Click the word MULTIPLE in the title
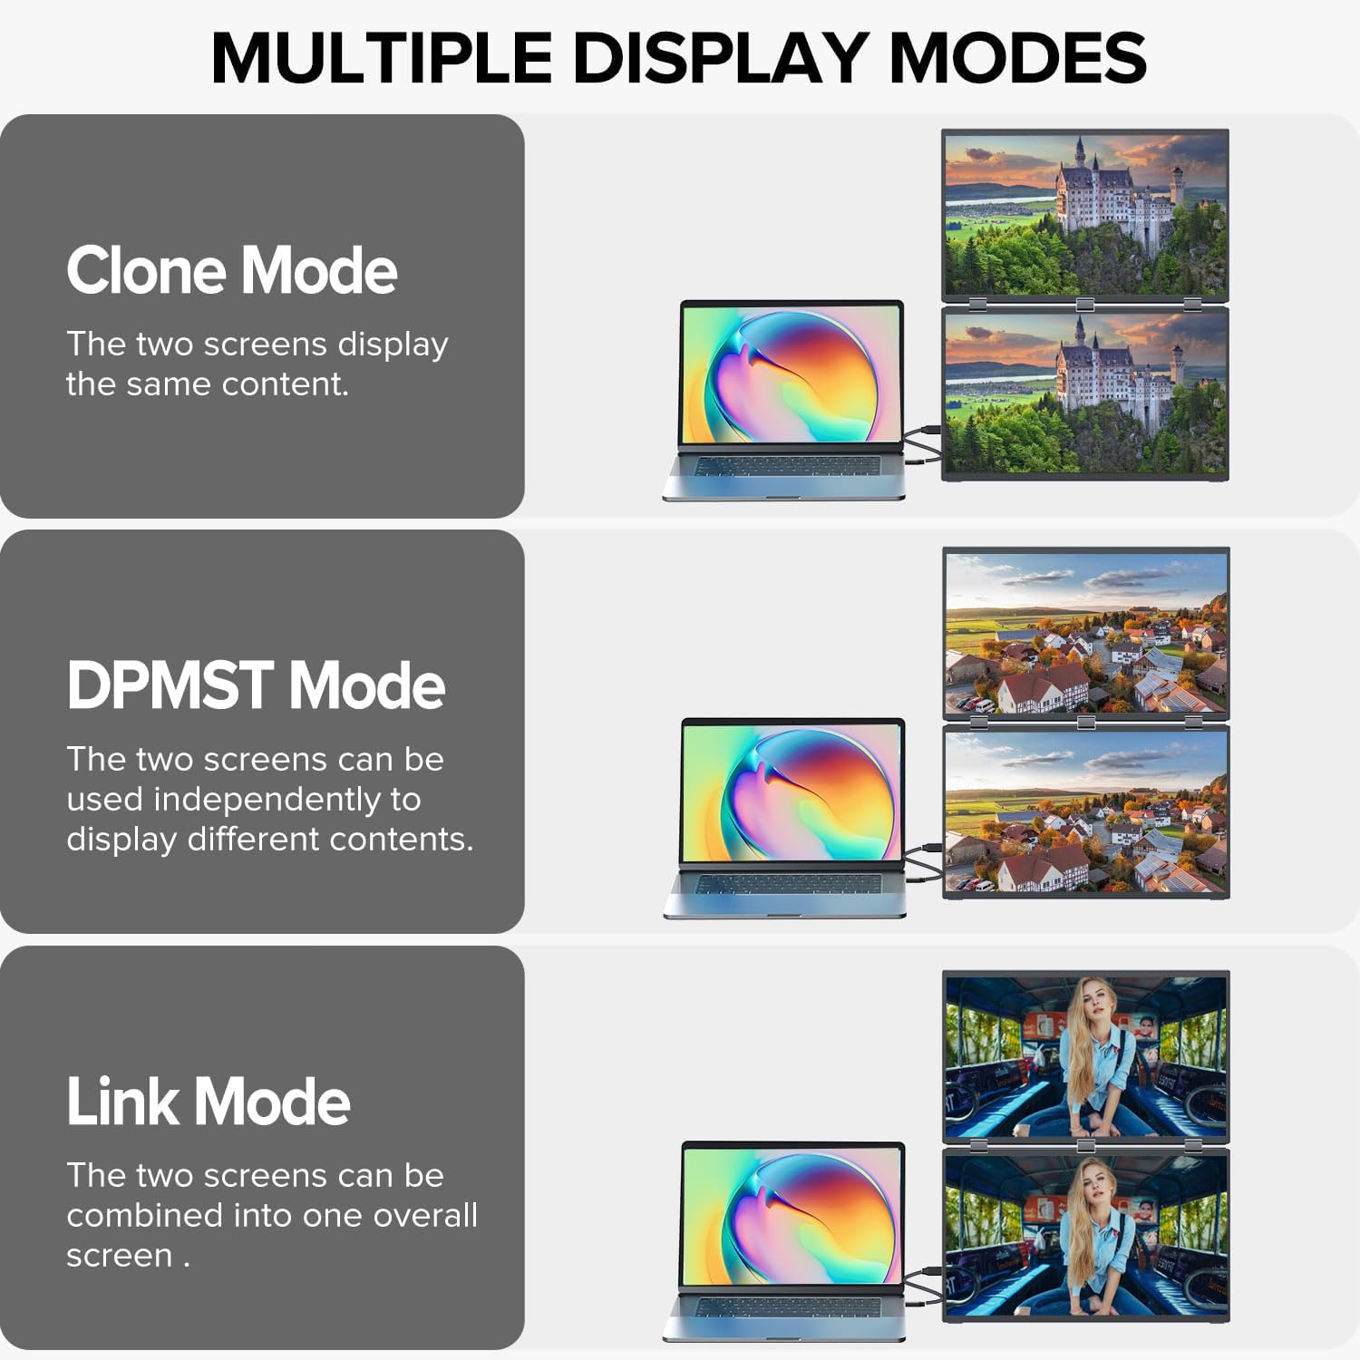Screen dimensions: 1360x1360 382,58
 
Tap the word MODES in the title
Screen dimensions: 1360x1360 1018,58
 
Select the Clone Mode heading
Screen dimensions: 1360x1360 232,270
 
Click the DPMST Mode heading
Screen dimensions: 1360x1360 256,685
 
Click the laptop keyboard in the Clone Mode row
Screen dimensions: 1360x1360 784,466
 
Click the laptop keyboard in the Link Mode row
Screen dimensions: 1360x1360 785,1307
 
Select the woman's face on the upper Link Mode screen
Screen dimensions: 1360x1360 1093,1000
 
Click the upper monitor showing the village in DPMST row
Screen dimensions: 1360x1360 1086,633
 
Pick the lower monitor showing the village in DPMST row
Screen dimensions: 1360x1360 1086,812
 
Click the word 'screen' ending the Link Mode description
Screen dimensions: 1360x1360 119,1257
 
